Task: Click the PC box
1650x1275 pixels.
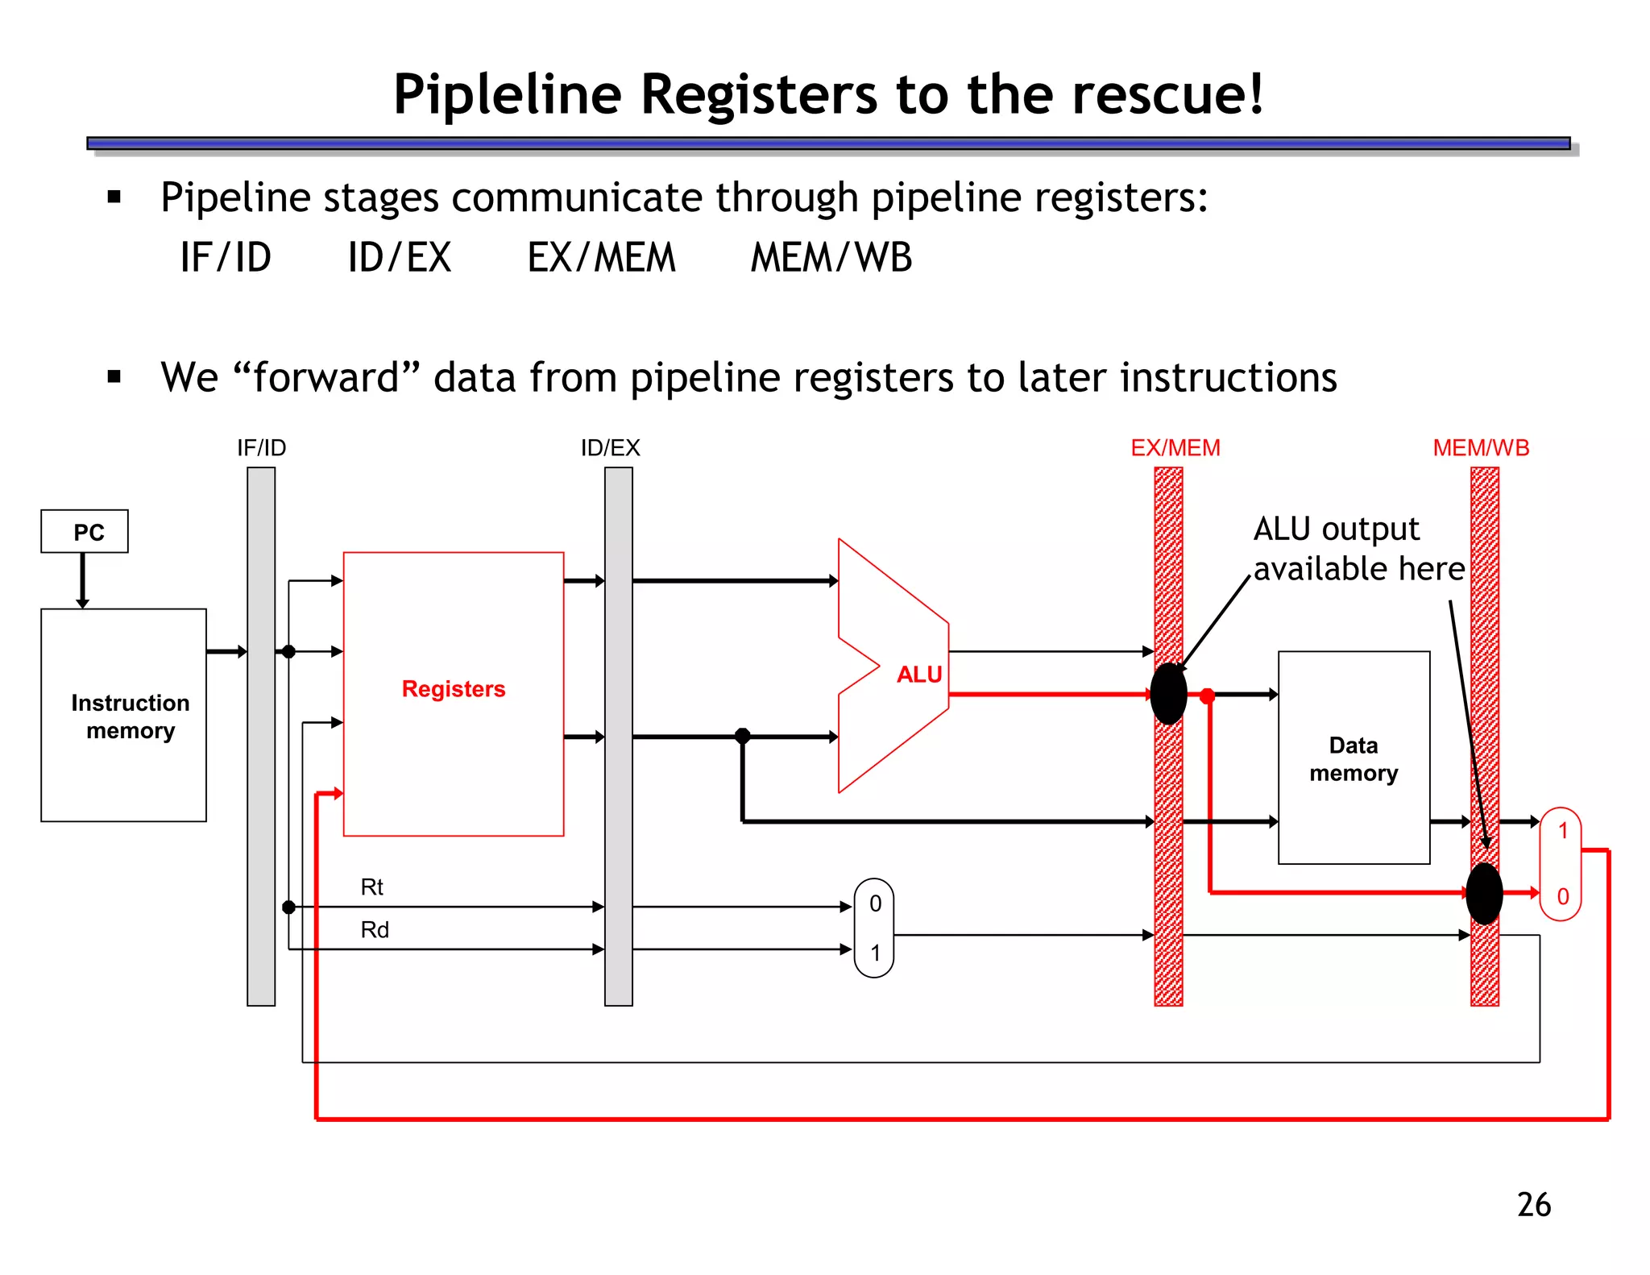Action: tap(85, 531)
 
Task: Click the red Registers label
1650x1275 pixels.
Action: tap(454, 689)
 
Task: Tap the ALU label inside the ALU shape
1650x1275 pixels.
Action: tap(919, 675)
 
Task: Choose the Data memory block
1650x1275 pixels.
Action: tap(1354, 758)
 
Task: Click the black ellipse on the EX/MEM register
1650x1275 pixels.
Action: tap(1168, 694)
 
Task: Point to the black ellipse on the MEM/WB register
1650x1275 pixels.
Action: tap(1484, 893)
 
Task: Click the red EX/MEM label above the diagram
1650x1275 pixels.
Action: tap(1175, 448)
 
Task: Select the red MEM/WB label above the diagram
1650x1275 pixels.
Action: tap(1481, 448)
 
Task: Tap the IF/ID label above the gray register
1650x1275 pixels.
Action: tap(261, 448)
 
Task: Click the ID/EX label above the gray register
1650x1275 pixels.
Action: tap(611, 448)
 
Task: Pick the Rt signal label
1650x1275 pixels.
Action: tap(371, 887)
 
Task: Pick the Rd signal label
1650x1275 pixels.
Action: tap(375, 930)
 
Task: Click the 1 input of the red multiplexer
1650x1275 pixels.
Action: tap(1563, 831)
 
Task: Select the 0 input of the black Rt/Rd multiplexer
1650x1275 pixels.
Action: tap(875, 904)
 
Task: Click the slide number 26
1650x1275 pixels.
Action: tap(1534, 1205)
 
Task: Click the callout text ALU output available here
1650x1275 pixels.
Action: tap(1358, 549)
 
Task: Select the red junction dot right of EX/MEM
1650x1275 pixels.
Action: tap(1207, 696)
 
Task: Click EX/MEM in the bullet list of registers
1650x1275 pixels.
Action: tap(601, 258)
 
